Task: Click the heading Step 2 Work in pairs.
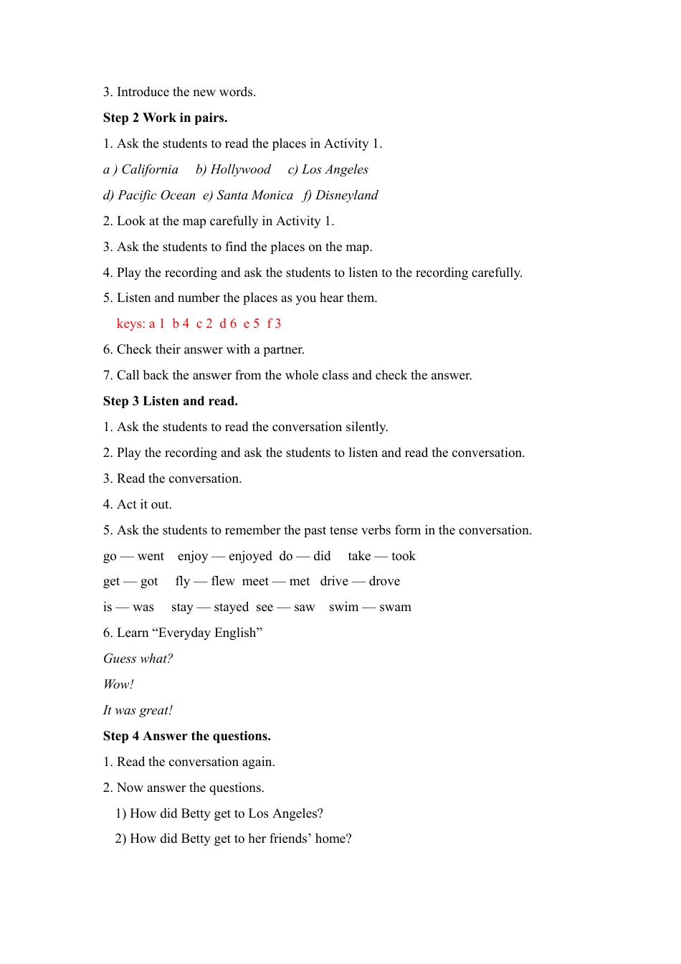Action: pos(165,118)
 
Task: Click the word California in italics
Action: pos(150,169)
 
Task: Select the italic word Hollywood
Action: pos(241,169)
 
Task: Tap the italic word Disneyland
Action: pos(347,195)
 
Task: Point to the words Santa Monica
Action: pos(255,195)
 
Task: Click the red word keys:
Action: pos(130,323)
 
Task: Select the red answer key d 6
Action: pos(228,323)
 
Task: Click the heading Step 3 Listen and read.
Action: pos(170,401)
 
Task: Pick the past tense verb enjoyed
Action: pos(250,556)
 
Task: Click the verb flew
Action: pos(223,581)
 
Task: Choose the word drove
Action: pos(384,581)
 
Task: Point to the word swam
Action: pos(395,607)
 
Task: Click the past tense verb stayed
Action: pos(231,607)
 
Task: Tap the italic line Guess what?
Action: pos(138,658)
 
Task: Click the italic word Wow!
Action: pos(118,684)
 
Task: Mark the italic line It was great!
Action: pos(138,710)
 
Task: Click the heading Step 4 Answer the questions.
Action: pos(186,736)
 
